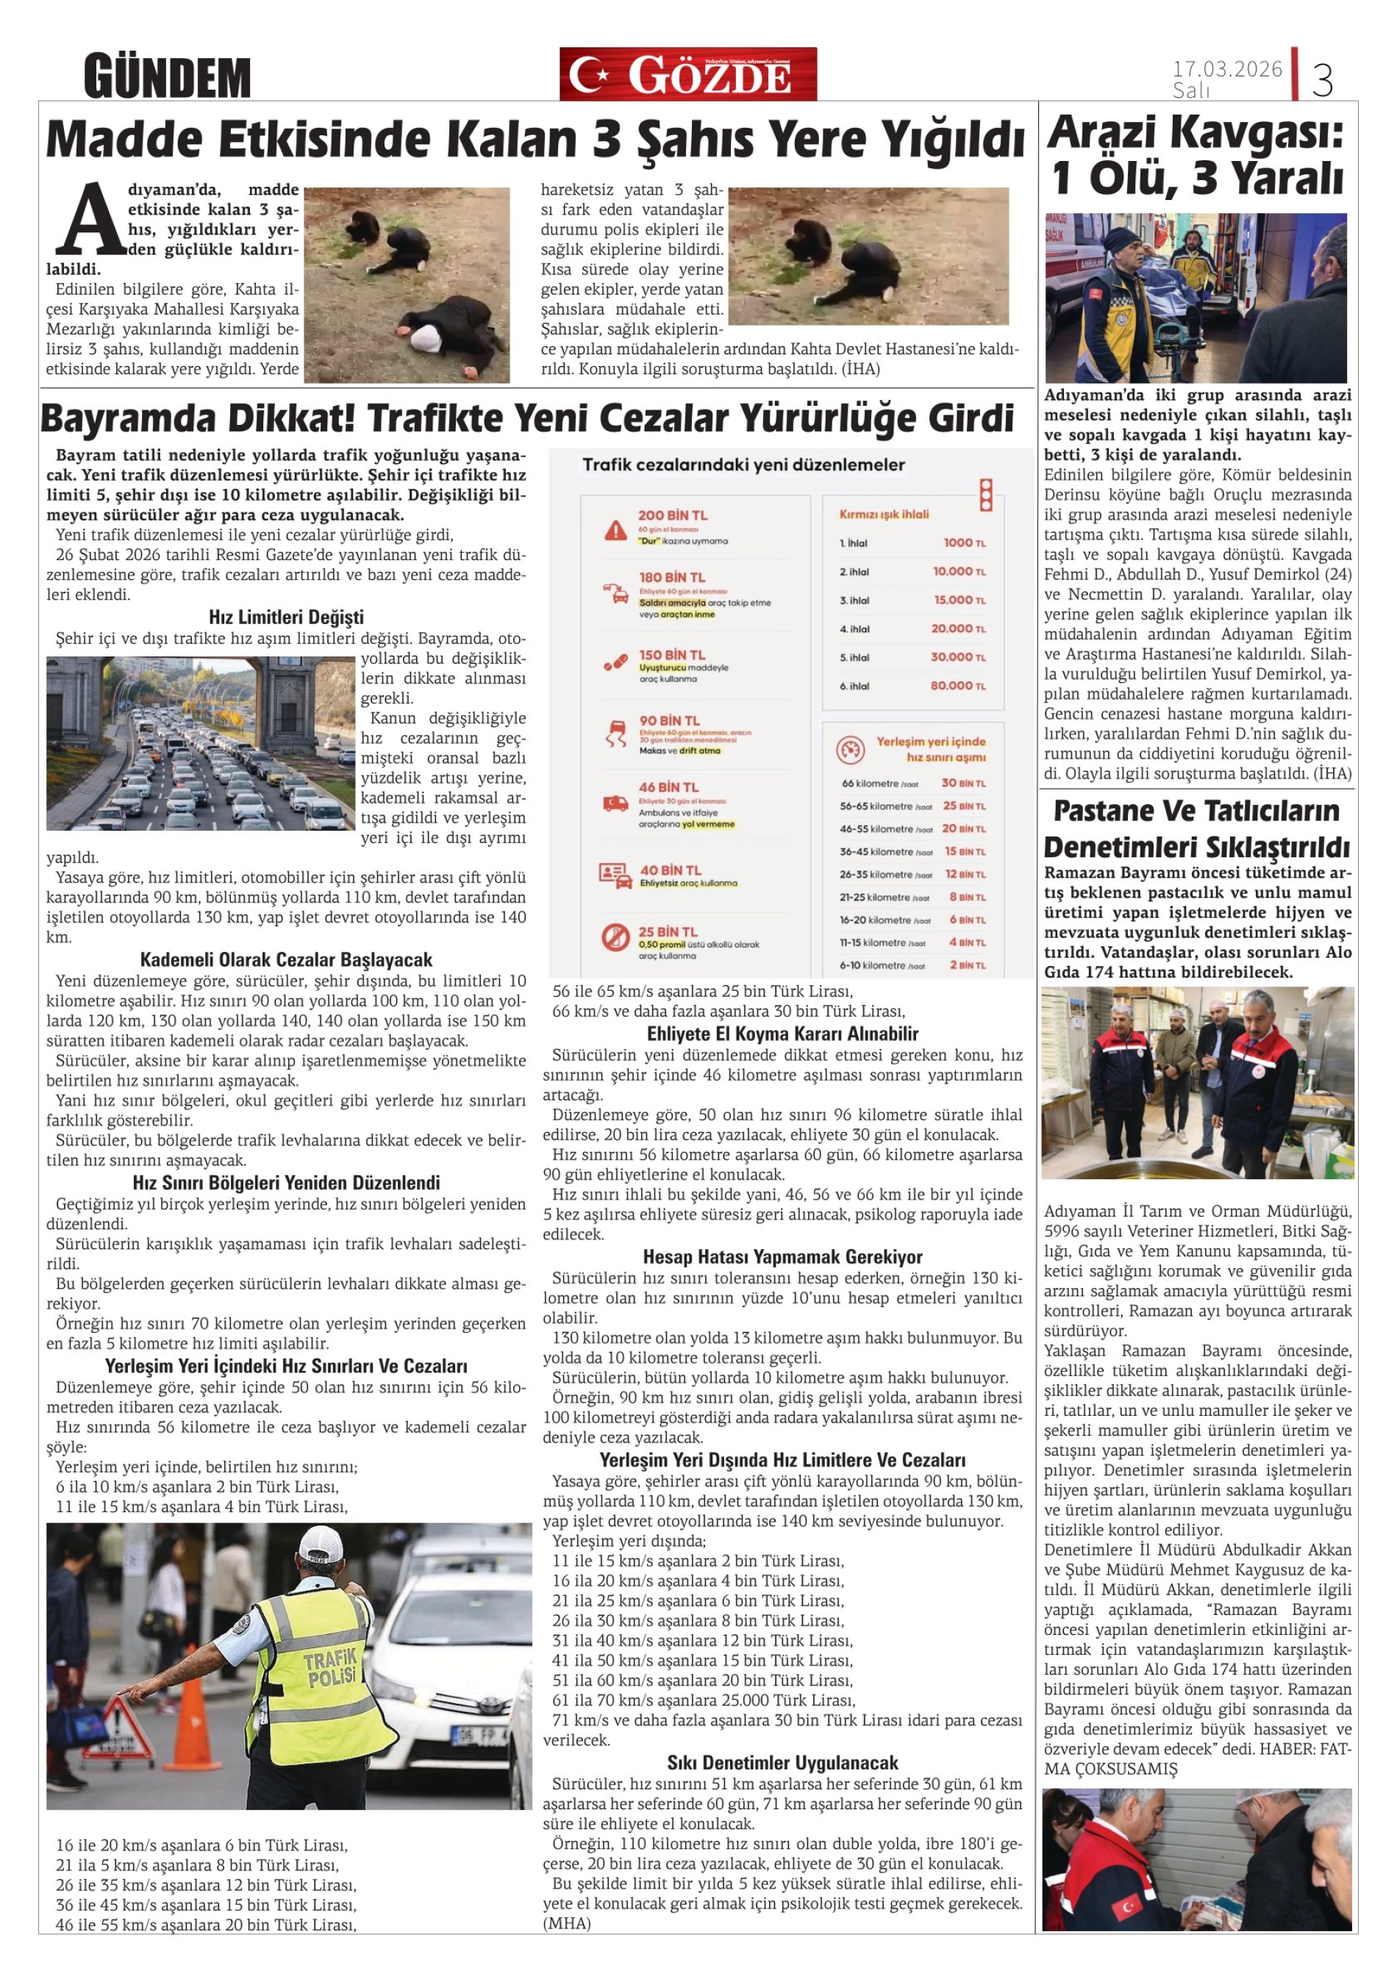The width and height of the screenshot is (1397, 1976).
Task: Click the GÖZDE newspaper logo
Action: click(x=687, y=75)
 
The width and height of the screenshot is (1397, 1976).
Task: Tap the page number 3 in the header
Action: click(x=1322, y=80)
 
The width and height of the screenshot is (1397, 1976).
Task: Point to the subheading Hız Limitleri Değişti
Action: click(x=286, y=617)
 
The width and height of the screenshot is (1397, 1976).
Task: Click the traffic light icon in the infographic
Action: click(x=987, y=495)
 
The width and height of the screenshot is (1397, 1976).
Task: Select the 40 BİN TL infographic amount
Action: click(x=670, y=870)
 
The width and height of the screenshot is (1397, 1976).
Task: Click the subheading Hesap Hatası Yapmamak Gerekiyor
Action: click(x=782, y=1256)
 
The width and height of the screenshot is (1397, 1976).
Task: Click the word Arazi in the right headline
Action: click(x=1101, y=133)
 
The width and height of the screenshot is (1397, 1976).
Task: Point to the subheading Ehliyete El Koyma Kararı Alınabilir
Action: click(x=782, y=1034)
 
